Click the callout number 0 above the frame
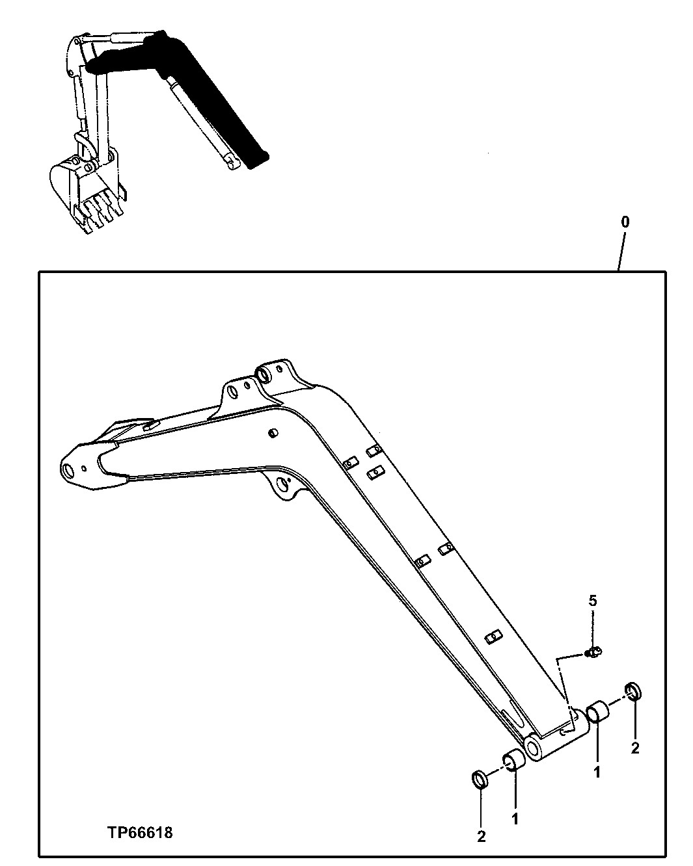pyautogui.click(x=625, y=222)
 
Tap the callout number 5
pyautogui.click(x=592, y=600)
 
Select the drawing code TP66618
pyautogui.click(x=141, y=832)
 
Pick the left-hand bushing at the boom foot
pyautogui.click(x=513, y=760)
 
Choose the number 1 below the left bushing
pyautogui.click(x=515, y=819)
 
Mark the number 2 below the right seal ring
pyautogui.click(x=635, y=748)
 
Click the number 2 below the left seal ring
pyautogui.click(x=481, y=837)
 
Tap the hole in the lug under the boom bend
pyautogui.click(x=282, y=484)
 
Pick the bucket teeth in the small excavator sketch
pyautogui.click(x=98, y=211)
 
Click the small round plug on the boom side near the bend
pyautogui.click(x=273, y=432)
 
